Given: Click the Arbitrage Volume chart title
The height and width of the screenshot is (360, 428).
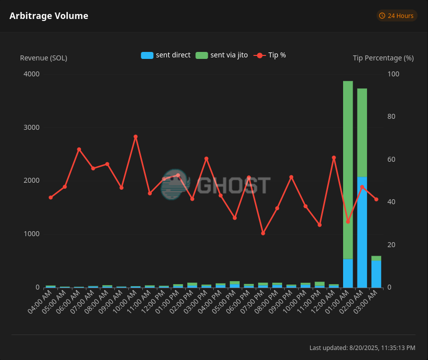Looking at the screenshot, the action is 49,16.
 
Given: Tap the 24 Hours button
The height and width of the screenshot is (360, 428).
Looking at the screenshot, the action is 397,16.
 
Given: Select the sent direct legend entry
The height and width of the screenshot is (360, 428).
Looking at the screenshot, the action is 166,55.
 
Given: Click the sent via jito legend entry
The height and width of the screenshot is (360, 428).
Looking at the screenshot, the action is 222,55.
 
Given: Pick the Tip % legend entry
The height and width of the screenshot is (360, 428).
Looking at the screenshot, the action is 270,55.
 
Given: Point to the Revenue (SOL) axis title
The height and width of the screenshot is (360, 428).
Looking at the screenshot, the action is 43,58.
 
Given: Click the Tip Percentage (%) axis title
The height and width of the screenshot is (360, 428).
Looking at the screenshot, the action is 383,58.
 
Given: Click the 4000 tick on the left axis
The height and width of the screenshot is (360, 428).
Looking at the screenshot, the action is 31,74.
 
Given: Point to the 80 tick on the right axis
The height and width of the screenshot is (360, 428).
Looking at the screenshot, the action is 392,116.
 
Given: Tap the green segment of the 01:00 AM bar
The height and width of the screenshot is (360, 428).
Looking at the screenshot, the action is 348,170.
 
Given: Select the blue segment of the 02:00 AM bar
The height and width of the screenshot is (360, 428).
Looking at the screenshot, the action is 362,232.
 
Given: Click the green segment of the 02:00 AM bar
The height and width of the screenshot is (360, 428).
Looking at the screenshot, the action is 362,133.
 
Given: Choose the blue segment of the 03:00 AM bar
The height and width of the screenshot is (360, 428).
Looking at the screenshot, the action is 377,274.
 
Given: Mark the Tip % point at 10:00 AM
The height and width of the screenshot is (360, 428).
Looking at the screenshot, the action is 136,137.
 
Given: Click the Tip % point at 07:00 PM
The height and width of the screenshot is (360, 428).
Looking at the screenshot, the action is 263,233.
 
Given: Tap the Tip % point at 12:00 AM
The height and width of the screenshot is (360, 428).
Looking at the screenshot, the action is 334,158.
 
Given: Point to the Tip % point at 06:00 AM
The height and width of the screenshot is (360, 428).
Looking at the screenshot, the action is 79,149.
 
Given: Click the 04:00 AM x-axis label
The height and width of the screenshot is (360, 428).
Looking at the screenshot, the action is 40,302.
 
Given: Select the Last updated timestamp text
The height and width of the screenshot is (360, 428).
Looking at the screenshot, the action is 362,348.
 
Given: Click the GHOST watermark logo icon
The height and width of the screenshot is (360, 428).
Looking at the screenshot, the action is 175,185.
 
